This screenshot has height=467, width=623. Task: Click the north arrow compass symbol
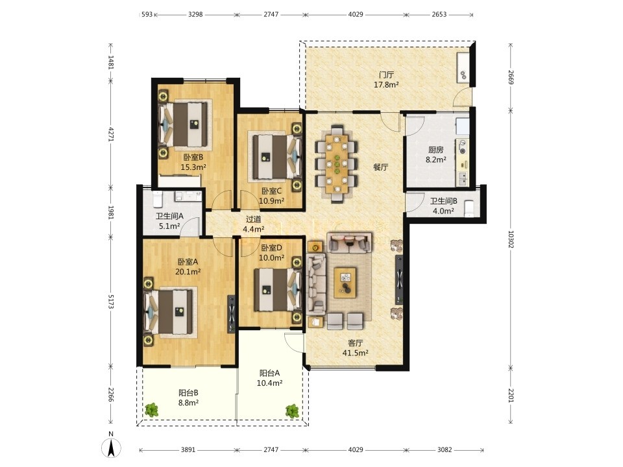(111, 448)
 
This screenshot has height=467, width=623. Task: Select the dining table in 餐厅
(337, 164)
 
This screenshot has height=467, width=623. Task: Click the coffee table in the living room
(345, 282)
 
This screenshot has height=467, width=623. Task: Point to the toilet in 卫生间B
(469, 208)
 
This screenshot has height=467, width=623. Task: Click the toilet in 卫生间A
(157, 198)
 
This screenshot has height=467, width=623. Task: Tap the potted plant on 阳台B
(151, 409)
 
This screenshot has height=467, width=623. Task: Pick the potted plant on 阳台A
(292, 411)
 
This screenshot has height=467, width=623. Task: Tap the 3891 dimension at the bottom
(188, 449)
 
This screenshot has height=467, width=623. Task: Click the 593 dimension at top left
(147, 15)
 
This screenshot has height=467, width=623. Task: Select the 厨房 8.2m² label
(436, 154)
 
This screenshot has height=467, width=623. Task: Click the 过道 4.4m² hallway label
(254, 224)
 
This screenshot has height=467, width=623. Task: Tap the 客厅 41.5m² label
(355, 348)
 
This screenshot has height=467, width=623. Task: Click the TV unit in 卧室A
(232, 314)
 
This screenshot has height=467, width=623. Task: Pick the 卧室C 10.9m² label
(272, 196)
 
